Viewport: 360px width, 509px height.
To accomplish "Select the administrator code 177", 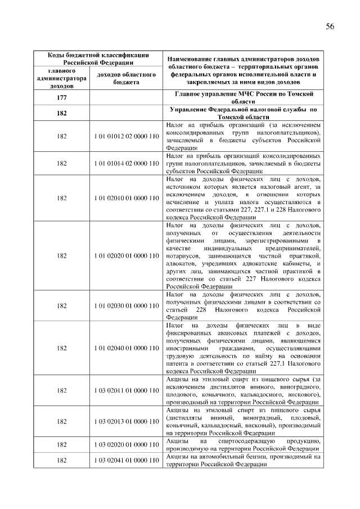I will tap(62, 97).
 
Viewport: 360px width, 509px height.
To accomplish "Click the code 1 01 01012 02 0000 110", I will tap(127, 136).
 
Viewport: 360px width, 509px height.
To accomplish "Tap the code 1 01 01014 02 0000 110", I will tap(127, 163).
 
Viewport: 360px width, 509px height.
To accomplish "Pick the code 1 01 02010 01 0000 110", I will tap(127, 198).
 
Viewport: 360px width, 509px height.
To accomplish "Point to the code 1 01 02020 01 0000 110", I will tap(127, 256).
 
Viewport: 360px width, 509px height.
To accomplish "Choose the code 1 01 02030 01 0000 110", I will tap(127, 305).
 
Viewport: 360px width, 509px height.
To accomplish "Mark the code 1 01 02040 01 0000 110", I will tap(127, 348).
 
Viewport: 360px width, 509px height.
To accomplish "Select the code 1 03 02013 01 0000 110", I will tap(127, 421).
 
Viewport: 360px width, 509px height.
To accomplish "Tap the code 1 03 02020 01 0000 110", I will tap(127, 445).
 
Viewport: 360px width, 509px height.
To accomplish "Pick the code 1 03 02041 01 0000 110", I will tap(127, 461).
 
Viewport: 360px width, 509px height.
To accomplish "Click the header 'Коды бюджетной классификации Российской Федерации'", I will tap(97, 58).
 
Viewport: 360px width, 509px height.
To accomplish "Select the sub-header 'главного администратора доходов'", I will tap(61, 79).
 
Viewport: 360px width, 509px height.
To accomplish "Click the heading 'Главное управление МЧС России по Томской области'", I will tap(244, 97).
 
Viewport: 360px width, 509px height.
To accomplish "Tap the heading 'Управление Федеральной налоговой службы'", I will tap(244, 112).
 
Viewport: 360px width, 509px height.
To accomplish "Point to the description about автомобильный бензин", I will tap(244, 461).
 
